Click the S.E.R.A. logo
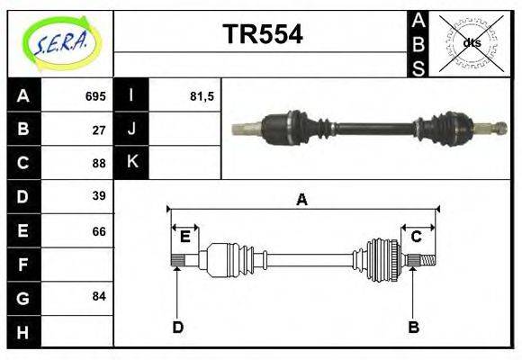pyautogui.click(x=60, y=43)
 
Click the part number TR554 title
pyautogui.click(x=262, y=35)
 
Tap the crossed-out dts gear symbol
pyautogui.click(x=472, y=43)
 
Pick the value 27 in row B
pyautogui.click(x=99, y=130)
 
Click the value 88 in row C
pyautogui.click(x=99, y=163)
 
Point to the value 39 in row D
pyautogui.click(x=99, y=196)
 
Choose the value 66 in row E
pyautogui.click(x=99, y=230)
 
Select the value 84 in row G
pyautogui.click(x=99, y=296)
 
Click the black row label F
pyautogui.click(x=22, y=264)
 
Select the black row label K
pyautogui.click(x=131, y=163)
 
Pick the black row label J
pyautogui.click(x=131, y=130)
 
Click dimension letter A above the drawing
pyautogui.click(x=302, y=200)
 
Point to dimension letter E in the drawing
pyautogui.click(x=184, y=237)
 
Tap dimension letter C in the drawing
pyautogui.click(x=417, y=237)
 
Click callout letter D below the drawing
pyautogui.click(x=177, y=327)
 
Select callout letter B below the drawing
pyautogui.click(x=413, y=327)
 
